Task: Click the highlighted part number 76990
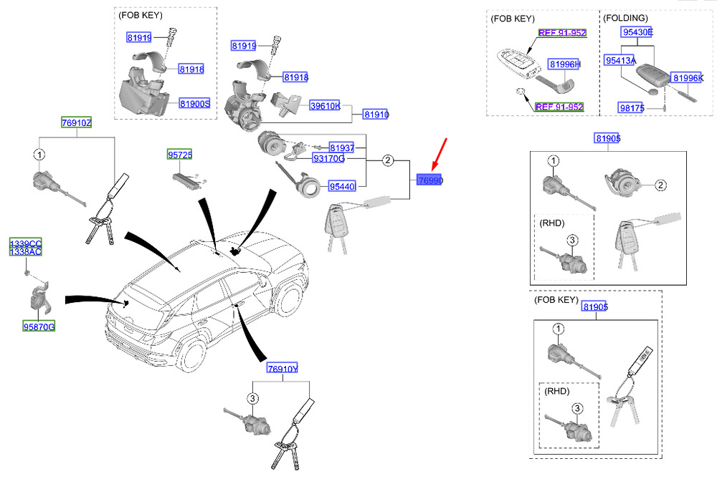(429, 182)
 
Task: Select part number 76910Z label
(76, 122)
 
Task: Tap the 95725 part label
(181, 155)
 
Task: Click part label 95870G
(39, 326)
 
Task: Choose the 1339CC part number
(25, 244)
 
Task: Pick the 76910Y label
(282, 368)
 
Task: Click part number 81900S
(194, 104)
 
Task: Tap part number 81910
(376, 115)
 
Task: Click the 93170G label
(328, 158)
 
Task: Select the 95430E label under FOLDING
(637, 32)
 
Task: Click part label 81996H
(564, 64)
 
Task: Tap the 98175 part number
(631, 107)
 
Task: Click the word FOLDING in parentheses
(625, 16)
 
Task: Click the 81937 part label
(342, 147)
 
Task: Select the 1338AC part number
(25, 252)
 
